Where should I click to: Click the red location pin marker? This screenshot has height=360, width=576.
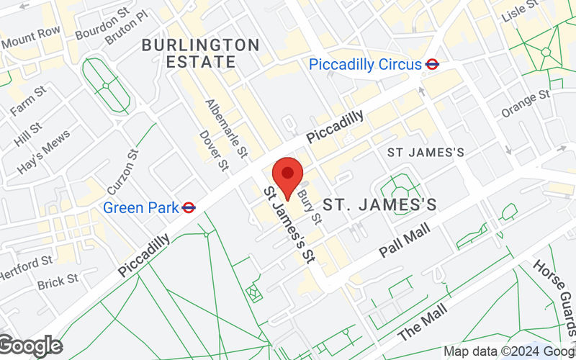coord(288,175)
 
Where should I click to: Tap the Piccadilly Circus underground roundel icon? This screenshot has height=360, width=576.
coord(432,64)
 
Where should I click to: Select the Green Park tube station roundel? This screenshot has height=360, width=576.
coord(189,207)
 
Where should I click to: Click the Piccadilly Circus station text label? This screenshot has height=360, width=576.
coord(364,64)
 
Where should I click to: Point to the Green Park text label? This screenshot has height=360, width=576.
coord(140,207)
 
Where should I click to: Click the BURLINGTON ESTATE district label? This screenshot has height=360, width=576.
coord(200,53)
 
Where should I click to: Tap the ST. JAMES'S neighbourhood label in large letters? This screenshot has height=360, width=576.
coord(379,205)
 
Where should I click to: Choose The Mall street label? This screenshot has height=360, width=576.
coord(422,321)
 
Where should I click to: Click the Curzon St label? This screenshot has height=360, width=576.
coord(122,171)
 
